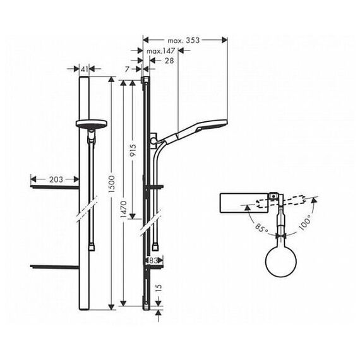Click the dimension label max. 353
(184, 40)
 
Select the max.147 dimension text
(160, 51)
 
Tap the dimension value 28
(169, 61)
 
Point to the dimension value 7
(128, 69)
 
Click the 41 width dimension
(84, 69)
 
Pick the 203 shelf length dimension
(56, 179)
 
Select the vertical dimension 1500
(112, 184)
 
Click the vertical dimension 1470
(124, 209)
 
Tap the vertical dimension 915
(133, 150)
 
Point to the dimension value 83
(153, 260)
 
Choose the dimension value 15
(159, 287)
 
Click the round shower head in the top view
(281, 261)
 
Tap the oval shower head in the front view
(92, 124)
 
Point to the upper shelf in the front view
(55, 187)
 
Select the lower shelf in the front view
(55, 267)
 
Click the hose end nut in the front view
(92, 248)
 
